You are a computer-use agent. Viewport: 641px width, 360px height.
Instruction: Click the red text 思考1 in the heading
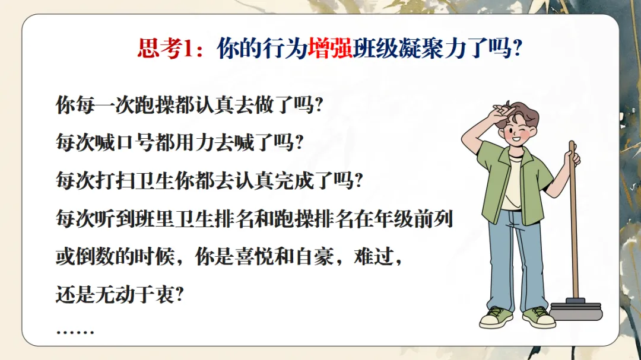[165, 49]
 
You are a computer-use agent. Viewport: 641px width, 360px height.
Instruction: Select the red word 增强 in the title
[330, 49]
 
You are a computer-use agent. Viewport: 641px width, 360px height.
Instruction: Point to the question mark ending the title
[517, 49]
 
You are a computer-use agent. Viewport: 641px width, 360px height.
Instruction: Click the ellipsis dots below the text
[75, 332]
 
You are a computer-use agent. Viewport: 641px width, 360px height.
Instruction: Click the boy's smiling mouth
[516, 139]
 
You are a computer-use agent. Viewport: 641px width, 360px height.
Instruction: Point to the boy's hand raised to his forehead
[501, 112]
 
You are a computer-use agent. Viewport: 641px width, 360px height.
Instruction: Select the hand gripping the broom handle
[573, 157]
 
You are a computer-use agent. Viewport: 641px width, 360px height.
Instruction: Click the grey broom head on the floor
[576, 311]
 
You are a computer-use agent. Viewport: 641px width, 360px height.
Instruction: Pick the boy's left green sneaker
[496, 317]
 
